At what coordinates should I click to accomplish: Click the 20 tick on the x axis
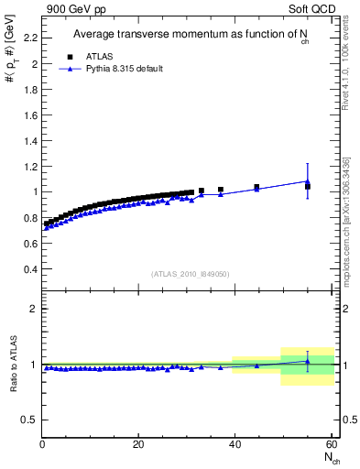coord(138,444)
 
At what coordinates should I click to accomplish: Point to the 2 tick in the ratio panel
coord(35,309)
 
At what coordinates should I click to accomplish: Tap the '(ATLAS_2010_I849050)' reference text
coord(191,273)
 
